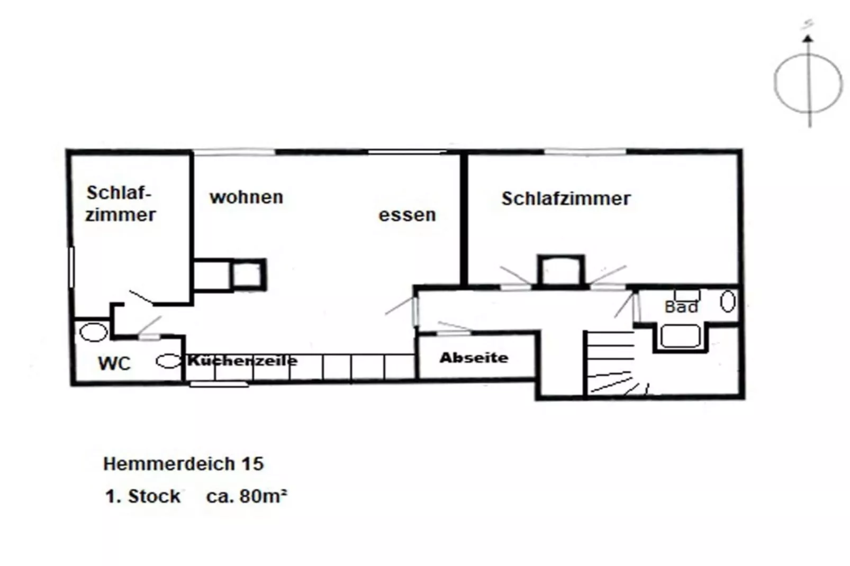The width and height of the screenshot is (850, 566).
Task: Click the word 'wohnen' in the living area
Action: click(x=246, y=197)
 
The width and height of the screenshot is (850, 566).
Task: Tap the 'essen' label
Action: click(x=407, y=215)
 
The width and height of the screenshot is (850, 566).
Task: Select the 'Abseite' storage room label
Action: click(x=474, y=358)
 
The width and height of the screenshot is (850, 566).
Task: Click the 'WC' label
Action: click(x=114, y=363)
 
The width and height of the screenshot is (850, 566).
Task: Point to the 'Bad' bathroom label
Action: click(x=681, y=307)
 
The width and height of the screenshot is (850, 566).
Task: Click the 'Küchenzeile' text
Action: click(x=242, y=361)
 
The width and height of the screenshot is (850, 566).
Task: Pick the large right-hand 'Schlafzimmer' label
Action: click(x=566, y=198)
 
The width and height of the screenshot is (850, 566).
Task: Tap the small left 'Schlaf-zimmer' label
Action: click(x=120, y=204)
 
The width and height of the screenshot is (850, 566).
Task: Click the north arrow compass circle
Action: click(x=808, y=84)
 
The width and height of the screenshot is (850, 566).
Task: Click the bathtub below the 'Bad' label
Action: click(x=681, y=337)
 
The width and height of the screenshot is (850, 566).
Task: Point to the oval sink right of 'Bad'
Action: click(x=728, y=301)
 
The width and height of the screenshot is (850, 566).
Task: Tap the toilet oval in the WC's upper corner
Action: click(x=94, y=332)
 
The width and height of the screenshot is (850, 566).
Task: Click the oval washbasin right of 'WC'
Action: click(x=168, y=361)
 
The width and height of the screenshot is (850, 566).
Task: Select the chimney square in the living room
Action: click(x=247, y=275)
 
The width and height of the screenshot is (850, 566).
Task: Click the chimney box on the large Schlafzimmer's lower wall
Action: click(x=561, y=271)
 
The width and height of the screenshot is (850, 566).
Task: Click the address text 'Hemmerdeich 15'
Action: click(x=183, y=464)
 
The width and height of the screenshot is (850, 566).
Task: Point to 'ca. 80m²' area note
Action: click(x=247, y=496)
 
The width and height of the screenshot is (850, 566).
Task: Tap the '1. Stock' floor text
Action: click(x=143, y=496)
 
